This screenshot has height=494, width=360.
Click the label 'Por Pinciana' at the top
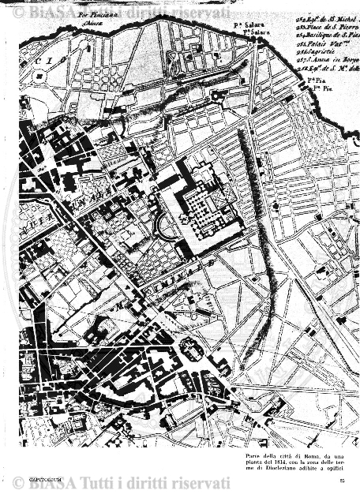pos(98,14)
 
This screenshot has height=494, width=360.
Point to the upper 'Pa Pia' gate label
pos(313,80)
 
